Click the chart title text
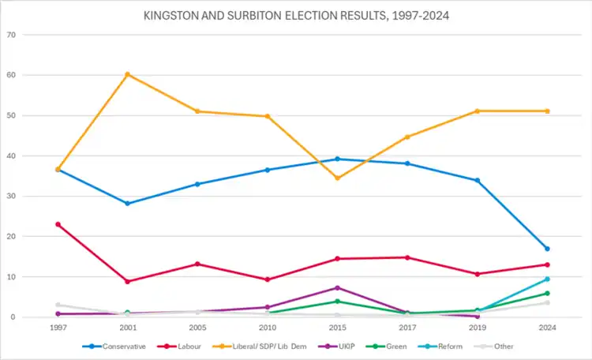coord(296,15)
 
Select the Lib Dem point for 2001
coord(127,74)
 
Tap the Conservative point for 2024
coord(547,249)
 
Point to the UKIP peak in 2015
coord(337,288)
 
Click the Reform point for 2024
coord(547,279)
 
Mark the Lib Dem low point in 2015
coord(337,178)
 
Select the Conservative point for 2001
coord(127,203)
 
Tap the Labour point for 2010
coord(268,279)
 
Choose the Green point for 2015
coord(337,302)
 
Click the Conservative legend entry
coord(118,345)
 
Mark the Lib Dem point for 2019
coord(478,111)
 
